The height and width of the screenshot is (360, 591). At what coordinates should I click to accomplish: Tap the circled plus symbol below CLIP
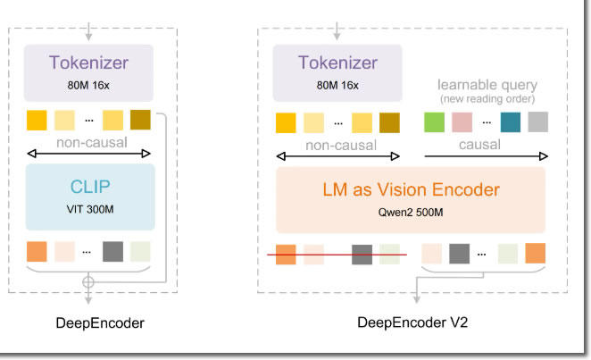(x=87, y=282)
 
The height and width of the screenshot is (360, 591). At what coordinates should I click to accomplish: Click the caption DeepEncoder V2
(x=412, y=323)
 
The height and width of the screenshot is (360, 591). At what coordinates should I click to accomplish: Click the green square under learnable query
(x=434, y=122)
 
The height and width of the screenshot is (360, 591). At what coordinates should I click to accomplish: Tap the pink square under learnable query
(x=462, y=122)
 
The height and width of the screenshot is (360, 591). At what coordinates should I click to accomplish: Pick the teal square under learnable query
(x=511, y=122)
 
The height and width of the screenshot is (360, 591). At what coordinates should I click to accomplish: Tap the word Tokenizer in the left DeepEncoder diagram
(x=89, y=64)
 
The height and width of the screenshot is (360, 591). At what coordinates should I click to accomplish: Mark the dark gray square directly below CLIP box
(x=112, y=251)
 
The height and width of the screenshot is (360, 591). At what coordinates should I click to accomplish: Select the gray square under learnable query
(x=537, y=122)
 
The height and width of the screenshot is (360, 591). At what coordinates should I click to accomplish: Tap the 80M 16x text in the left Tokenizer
(x=89, y=87)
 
